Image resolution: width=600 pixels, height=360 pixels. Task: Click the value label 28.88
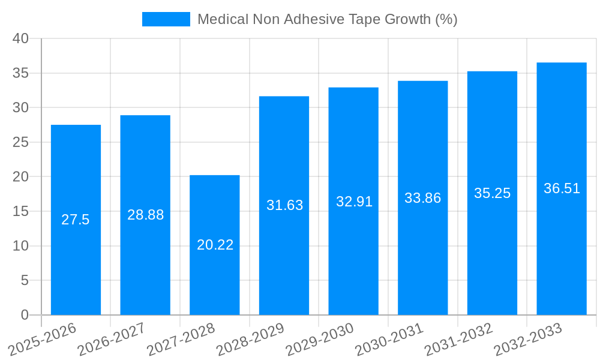pos(145,215)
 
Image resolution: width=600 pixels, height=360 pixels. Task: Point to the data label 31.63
pos(284,205)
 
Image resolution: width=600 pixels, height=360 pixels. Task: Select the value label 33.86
pos(422,198)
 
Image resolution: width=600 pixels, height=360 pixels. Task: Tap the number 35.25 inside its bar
pos(492,193)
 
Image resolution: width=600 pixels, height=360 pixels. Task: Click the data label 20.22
pos(215,245)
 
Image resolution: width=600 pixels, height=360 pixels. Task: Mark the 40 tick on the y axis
pos(21,39)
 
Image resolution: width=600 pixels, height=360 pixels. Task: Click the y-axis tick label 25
pos(21,143)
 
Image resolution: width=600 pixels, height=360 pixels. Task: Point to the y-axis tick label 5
pos(25,281)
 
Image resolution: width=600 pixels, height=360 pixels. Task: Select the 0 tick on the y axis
pos(25,315)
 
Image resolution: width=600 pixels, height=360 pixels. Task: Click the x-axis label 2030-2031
pos(389,338)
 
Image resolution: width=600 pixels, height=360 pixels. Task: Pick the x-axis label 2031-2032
pos(459,338)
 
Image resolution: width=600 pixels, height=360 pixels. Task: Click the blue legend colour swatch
pos(166,19)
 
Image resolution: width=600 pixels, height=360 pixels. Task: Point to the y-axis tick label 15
pos(21,212)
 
